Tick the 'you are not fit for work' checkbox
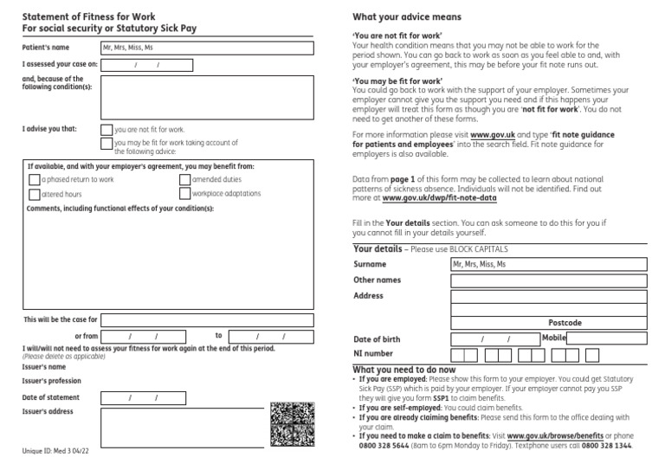pos(107,130)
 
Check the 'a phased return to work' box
pos(35,180)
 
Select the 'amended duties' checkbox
pos(185,180)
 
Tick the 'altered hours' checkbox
pos(35,195)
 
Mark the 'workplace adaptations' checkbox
pos(185,194)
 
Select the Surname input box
pos(549,265)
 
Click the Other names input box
pos(549,280)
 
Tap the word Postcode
pos(565,323)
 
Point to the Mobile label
pos(554,338)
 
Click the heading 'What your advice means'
pos(407,17)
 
